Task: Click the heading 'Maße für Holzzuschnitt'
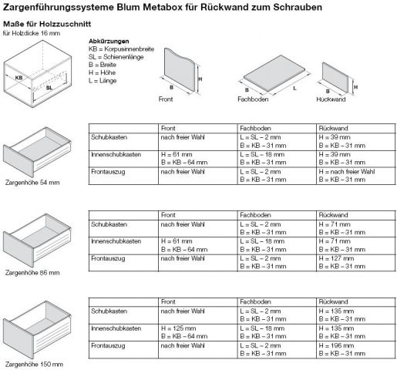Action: coord(46,24)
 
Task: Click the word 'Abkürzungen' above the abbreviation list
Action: coord(108,40)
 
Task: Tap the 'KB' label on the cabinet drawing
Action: coord(20,78)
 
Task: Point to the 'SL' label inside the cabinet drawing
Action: coord(49,88)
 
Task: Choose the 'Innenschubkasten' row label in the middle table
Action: coord(116,240)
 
